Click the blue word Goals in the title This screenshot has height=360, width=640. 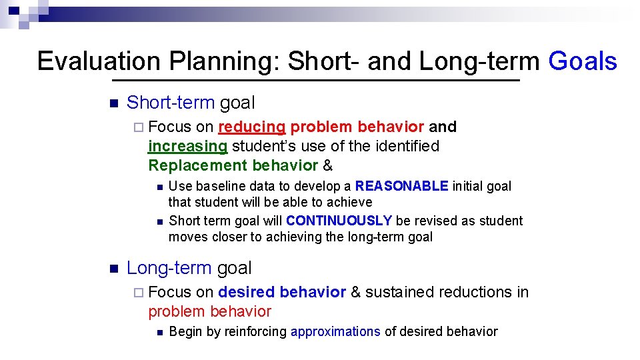tap(582, 61)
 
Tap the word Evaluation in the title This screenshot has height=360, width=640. tap(99, 61)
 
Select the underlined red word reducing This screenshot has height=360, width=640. tap(251, 127)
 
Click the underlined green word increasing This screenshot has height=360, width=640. tap(187, 146)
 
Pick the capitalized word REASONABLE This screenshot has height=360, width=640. tap(401, 186)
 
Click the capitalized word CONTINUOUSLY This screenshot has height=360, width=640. tap(339, 221)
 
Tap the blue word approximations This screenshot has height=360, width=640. tap(335, 331)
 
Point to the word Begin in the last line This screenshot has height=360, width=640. tap(186, 331)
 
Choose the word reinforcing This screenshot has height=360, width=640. tap(256, 331)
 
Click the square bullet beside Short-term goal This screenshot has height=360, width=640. tap(112, 103)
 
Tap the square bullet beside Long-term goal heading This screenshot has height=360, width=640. tap(112, 269)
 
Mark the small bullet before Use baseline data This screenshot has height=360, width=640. tap(157, 187)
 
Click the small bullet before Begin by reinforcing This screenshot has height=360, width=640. tap(157, 332)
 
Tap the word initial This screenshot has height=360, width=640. tap(468, 186)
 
